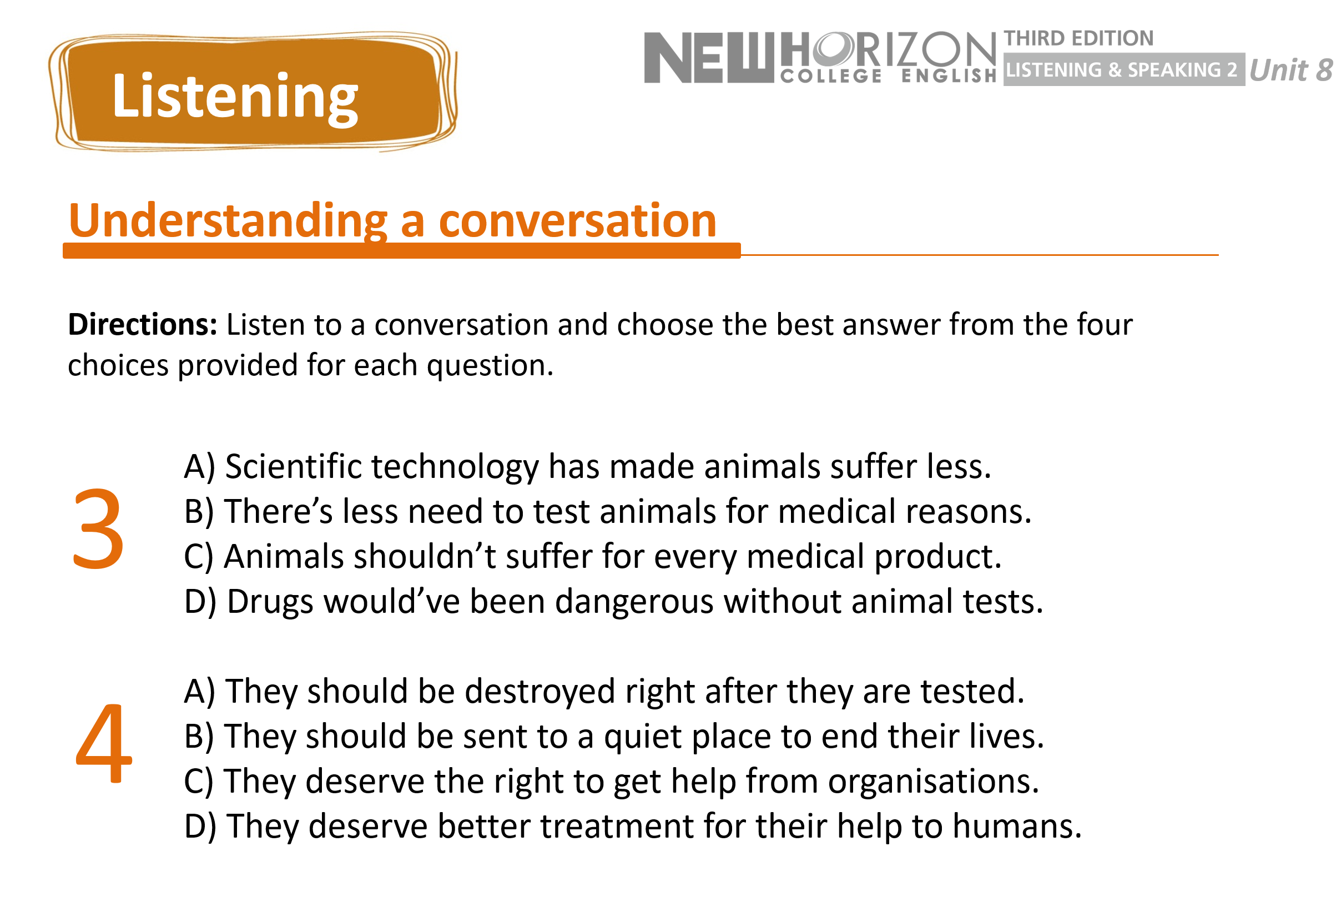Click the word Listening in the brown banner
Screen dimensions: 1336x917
pos(235,97)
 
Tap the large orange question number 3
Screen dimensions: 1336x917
pos(98,529)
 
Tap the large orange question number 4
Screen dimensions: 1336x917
pos(103,743)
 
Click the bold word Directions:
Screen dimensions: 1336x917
pos(143,324)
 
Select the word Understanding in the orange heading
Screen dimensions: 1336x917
pos(228,221)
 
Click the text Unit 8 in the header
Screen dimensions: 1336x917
pos(1290,70)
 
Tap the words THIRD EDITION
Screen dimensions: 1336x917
pos(1078,38)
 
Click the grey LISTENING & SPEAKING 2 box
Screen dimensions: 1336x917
pos(1124,69)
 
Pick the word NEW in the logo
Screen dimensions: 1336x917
pos(709,58)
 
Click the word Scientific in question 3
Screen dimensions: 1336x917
pos(293,466)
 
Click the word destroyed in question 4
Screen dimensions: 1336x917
pos(540,691)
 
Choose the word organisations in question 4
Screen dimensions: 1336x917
pos(933,782)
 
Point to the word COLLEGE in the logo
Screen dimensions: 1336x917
pos(831,76)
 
